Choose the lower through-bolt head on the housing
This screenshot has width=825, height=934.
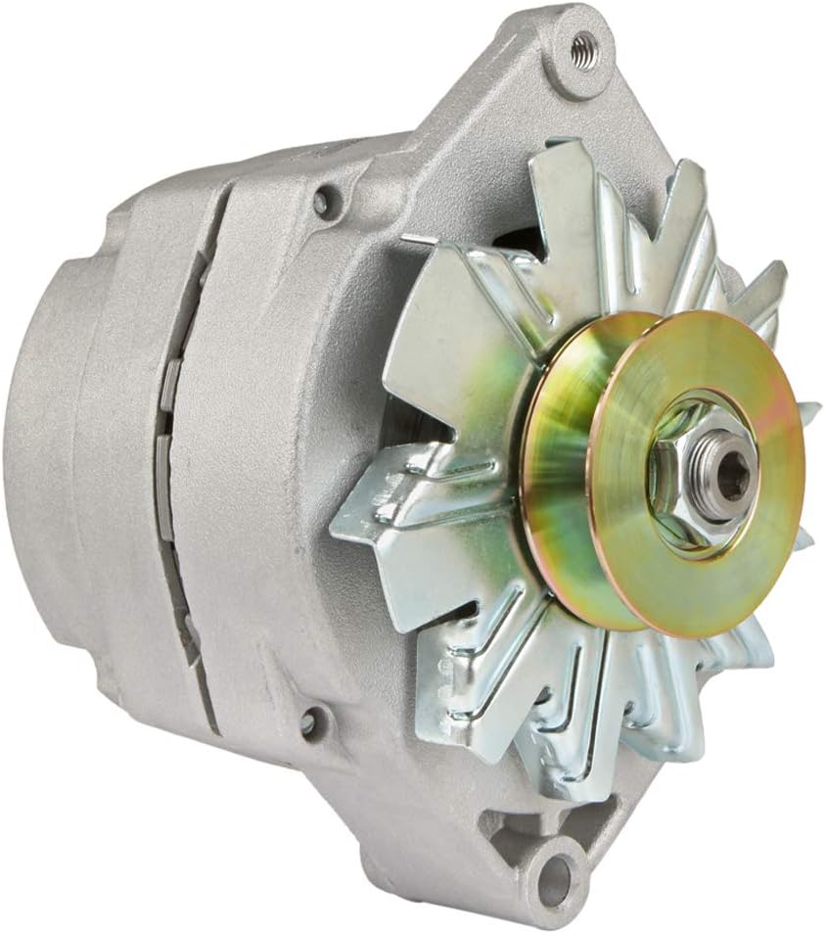309,723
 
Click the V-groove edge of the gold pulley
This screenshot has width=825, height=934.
548,470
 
